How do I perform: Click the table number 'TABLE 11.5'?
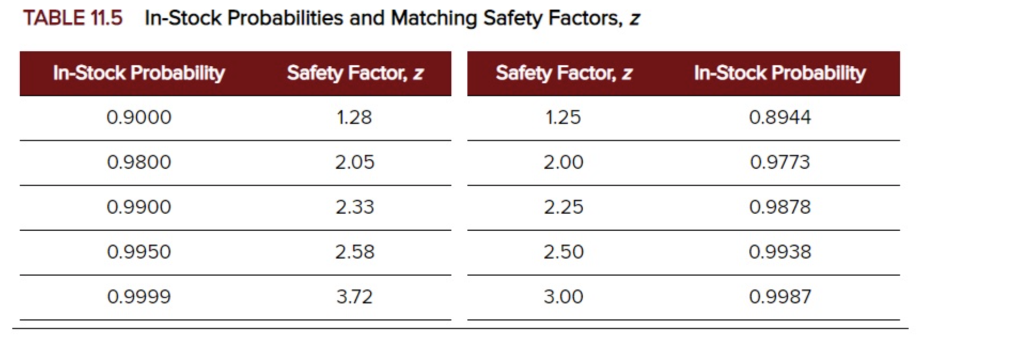coord(73,18)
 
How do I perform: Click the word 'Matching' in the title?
coord(434,18)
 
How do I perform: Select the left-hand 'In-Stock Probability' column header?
coord(139,73)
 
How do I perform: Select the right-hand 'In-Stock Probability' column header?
coord(779,73)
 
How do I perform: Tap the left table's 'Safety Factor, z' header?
coord(355,73)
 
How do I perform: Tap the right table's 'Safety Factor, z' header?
coord(564,73)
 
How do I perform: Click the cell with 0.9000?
coord(139,118)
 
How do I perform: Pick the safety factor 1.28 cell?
coord(354,118)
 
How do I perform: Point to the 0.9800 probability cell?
coord(139,162)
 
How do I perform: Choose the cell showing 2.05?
coord(355,162)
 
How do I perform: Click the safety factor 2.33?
coord(355,207)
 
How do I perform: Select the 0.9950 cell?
coord(139,252)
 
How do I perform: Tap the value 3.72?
coord(354,297)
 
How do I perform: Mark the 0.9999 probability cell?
coord(139,297)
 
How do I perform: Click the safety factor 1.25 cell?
coord(563,118)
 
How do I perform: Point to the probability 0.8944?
coord(780,118)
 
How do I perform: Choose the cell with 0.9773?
coord(780,162)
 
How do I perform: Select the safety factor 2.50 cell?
coord(564,252)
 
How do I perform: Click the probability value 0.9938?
coord(780,252)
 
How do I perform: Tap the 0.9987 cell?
coord(780,297)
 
